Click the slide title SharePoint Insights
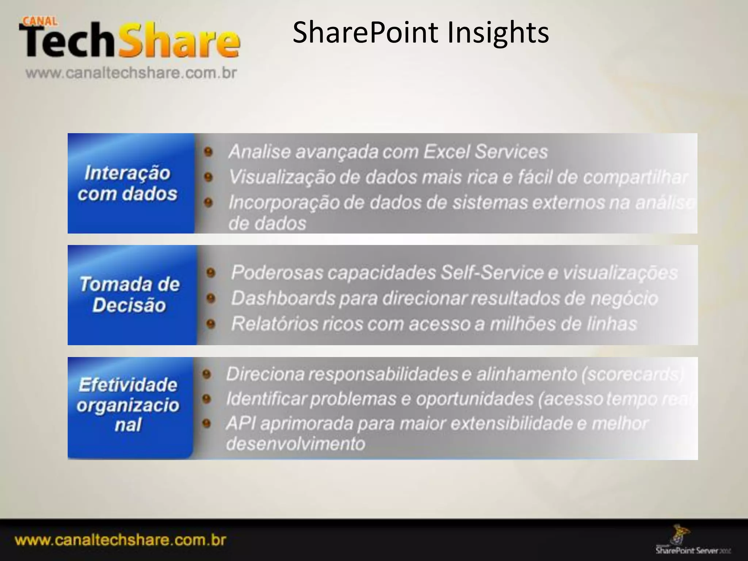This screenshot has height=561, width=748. tap(420, 33)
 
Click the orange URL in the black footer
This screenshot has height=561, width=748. tap(121, 540)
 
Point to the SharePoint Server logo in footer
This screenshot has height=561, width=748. tap(692, 545)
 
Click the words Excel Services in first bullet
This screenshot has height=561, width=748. tap(486, 152)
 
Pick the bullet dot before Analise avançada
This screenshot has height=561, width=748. tap(209, 152)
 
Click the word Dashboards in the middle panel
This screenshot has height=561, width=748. tap(283, 298)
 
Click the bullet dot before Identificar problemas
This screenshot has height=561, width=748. tap(207, 399)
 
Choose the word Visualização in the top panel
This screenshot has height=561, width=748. tap(282, 177)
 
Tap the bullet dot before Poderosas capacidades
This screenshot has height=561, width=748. tap(211, 273)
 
